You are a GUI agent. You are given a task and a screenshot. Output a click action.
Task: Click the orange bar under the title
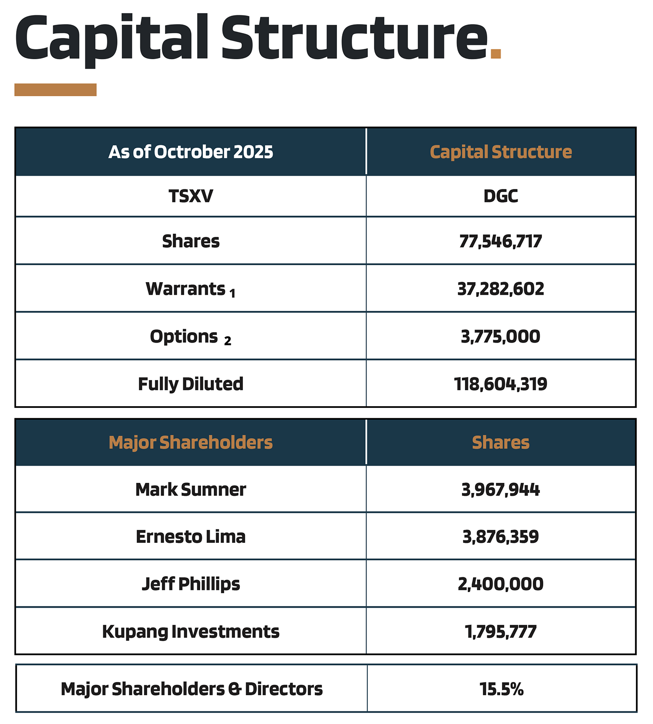55,90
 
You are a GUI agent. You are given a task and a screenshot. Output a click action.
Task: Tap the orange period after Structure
495,54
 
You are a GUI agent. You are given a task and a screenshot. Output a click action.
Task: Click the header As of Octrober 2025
191,152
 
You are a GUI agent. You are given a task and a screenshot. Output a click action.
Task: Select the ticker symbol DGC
501,196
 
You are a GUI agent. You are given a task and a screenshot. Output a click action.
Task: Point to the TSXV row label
191,196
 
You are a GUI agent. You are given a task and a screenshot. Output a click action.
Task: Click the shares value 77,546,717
501,241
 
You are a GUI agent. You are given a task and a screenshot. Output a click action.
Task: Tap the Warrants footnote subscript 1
232,294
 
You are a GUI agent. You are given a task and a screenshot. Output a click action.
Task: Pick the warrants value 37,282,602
501,289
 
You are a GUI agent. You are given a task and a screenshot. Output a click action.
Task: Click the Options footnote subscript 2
228,341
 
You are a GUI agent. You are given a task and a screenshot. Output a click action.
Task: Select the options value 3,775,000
501,337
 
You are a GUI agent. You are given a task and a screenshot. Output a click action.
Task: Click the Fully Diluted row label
191,384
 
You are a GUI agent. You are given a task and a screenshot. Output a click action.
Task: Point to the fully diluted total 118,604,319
501,384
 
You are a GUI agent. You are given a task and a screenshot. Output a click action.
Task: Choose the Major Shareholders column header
191,442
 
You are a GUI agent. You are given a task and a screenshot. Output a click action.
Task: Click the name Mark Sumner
191,490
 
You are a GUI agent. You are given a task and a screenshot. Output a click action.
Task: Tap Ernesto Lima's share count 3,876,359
501,537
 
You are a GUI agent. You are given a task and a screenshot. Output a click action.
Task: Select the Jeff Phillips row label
191,584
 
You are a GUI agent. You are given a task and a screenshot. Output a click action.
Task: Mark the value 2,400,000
501,584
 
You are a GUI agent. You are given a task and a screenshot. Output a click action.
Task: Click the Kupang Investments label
191,631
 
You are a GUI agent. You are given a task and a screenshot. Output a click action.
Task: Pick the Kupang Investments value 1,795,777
501,631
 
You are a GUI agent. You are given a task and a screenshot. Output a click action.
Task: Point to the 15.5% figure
502,689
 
